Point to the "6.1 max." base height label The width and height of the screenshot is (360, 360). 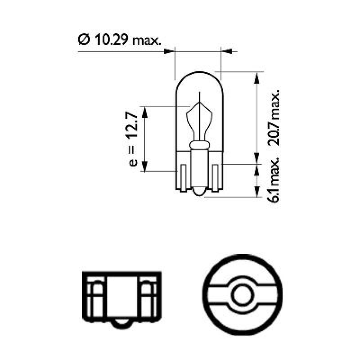point(274,180)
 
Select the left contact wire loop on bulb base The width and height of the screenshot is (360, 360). point(183,178)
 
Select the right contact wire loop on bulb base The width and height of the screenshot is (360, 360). point(215,178)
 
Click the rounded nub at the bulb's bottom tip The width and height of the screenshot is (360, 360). point(199,193)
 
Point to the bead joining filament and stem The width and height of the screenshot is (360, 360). point(199,145)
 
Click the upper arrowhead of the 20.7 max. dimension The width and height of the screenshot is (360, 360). point(256,76)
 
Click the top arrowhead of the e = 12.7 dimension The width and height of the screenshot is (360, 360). point(144,112)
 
